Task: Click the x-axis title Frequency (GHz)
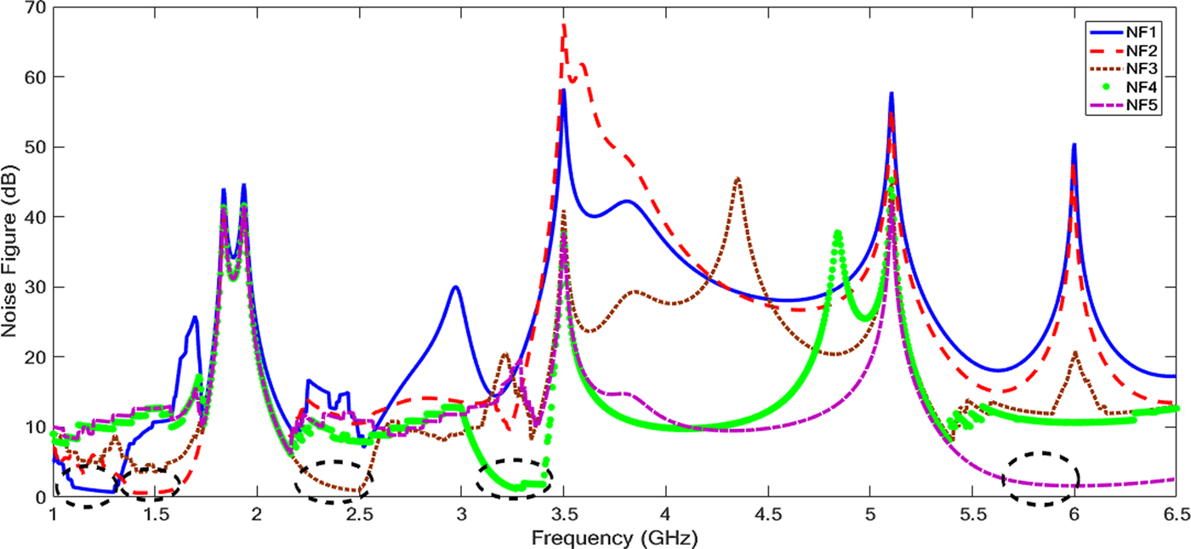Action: coord(613,538)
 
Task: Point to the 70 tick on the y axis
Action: coord(33,8)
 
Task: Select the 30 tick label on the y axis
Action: coord(33,288)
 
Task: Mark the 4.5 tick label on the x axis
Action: coord(767,515)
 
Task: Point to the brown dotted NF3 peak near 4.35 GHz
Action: coord(738,178)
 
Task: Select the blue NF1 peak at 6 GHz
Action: coord(1074,145)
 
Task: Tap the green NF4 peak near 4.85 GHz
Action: coord(838,232)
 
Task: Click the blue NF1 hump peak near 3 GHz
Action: coord(456,287)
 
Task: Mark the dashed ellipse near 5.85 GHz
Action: coord(1041,479)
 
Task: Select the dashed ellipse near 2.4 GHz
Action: coord(333,482)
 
